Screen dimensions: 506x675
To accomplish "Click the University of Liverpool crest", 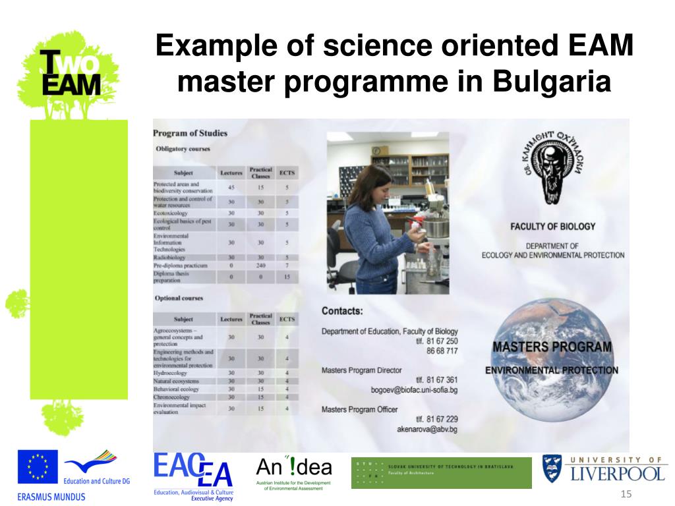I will [552, 468].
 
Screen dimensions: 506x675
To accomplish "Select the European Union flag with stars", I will [38, 468].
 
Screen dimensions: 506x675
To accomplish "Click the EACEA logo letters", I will [191, 470].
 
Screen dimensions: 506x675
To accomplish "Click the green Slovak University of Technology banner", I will [441, 472].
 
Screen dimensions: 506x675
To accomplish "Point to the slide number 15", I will [626, 495].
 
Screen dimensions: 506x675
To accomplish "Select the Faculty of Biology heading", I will [552, 226].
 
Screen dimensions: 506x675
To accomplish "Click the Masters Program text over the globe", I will [552, 347].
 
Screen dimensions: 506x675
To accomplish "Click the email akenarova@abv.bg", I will [426, 429].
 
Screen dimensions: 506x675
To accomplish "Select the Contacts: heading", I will [342, 310].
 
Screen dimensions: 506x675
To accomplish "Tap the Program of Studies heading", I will [190, 133].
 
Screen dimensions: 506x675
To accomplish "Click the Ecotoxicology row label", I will [171, 213].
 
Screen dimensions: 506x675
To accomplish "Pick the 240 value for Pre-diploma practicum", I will [260, 265].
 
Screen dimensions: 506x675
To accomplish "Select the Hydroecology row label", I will [171, 373].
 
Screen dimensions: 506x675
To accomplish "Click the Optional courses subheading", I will [179, 298].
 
